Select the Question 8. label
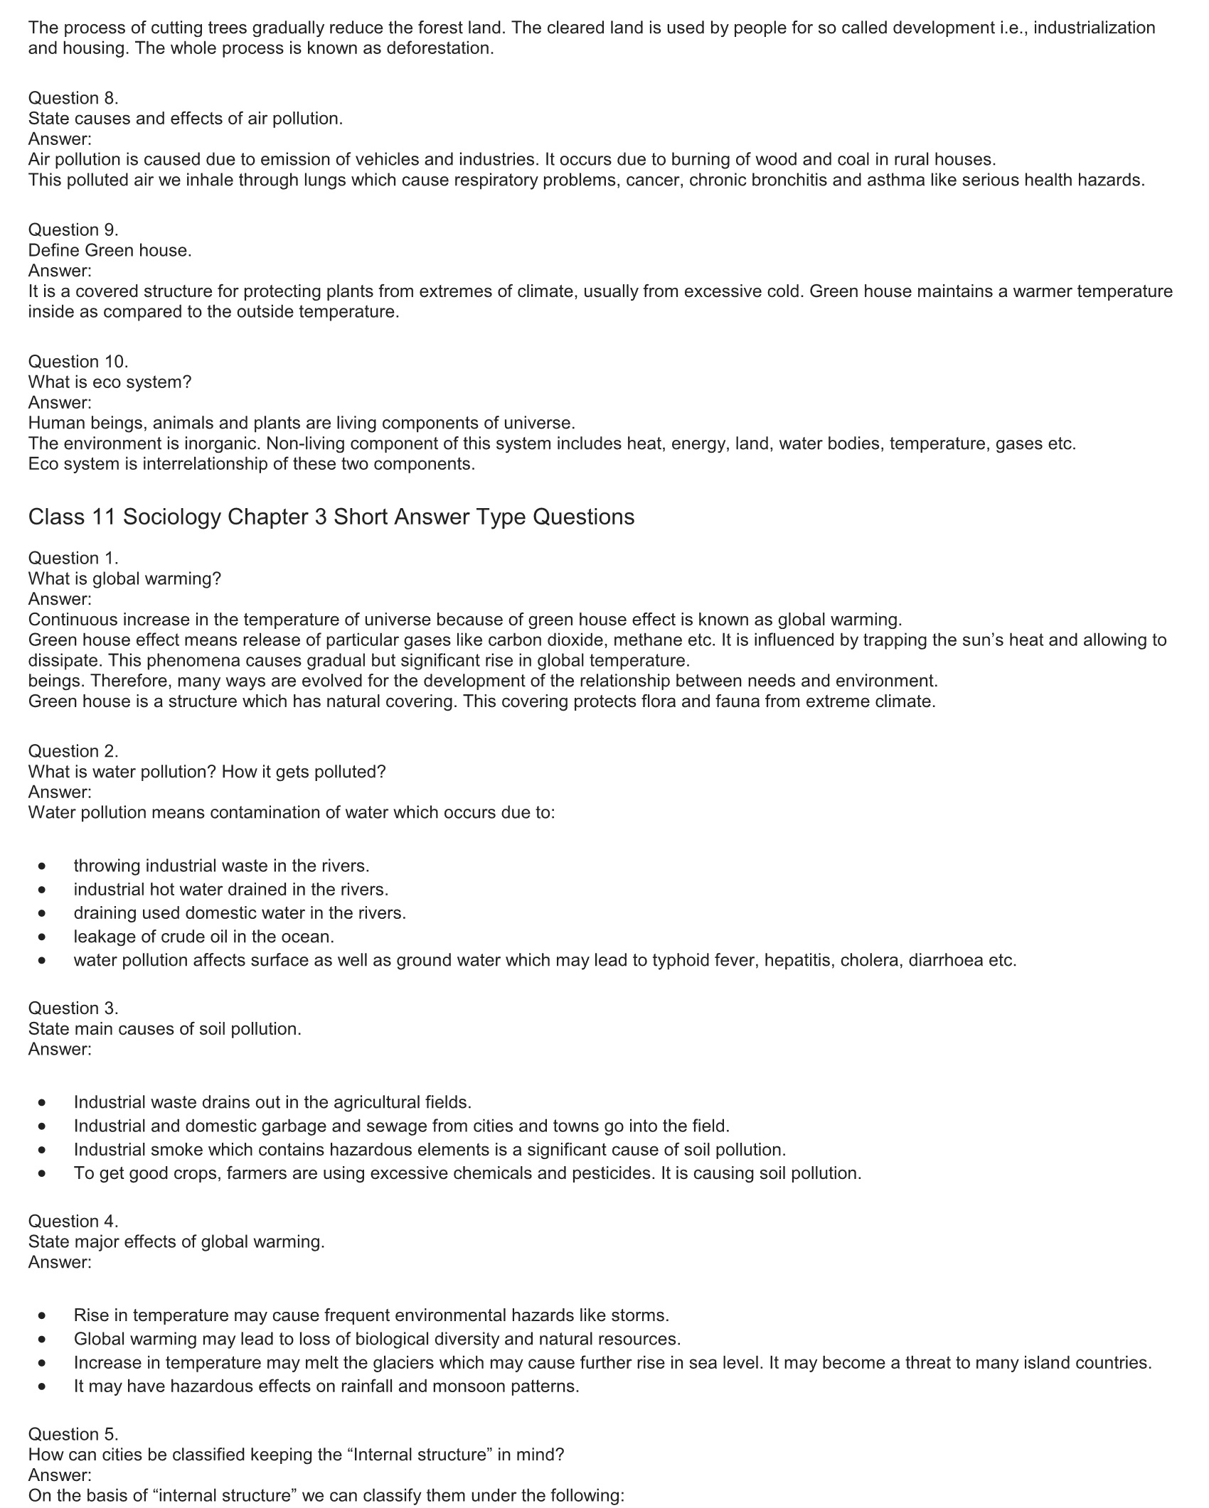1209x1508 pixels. tap(73, 98)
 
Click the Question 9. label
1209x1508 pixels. tap(73, 230)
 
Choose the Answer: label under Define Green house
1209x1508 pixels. tap(60, 271)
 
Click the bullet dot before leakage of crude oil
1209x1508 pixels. tap(44, 937)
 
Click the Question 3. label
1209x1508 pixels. tap(73, 1008)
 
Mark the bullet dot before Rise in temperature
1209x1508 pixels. tap(44, 1316)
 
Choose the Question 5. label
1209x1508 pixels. tap(73, 1434)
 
